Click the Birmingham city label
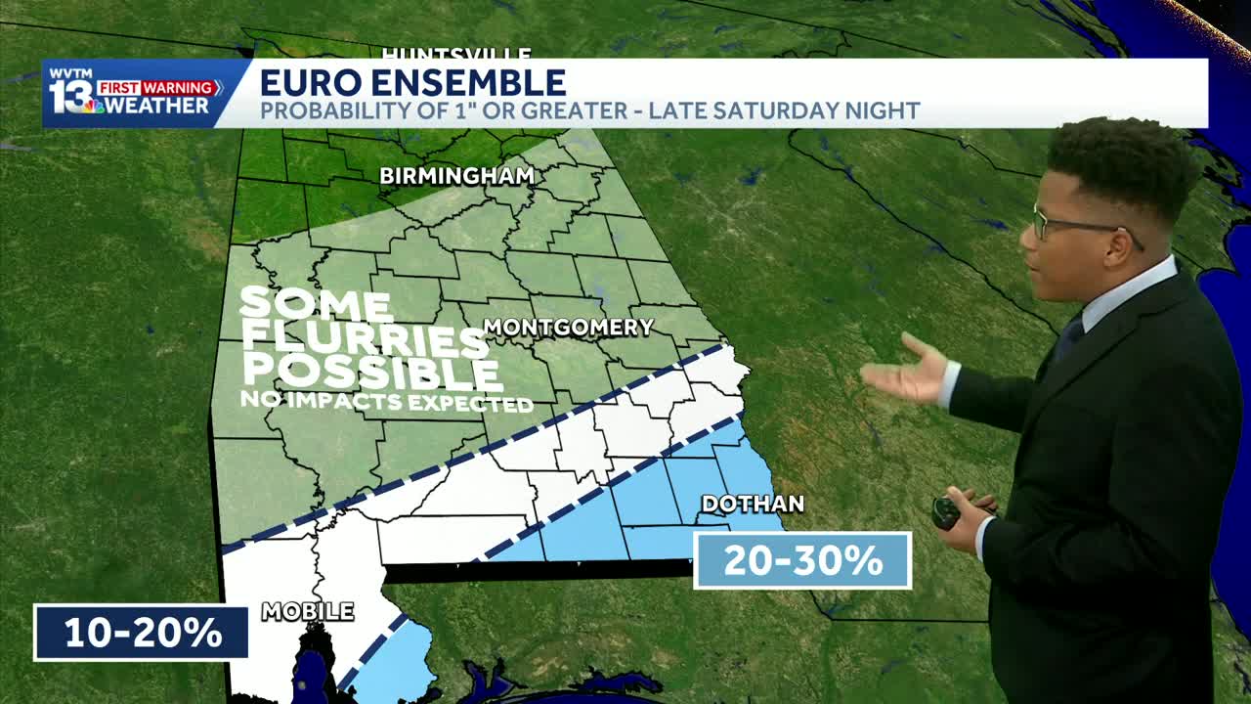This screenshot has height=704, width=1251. (456, 176)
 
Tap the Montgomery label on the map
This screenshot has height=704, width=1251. (568, 328)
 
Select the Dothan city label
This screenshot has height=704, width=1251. (753, 504)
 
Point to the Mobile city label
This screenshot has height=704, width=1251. (307, 612)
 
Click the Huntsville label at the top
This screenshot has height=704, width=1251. (456, 54)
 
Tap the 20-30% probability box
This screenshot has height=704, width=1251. (802, 560)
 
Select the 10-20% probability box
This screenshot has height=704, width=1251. (142, 633)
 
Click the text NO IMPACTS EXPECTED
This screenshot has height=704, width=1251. (386, 402)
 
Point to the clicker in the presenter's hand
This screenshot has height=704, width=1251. (945, 512)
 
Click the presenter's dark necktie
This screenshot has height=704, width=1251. (1069, 338)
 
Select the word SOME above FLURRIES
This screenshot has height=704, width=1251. (316, 304)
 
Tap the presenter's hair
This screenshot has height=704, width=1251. (1124, 161)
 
